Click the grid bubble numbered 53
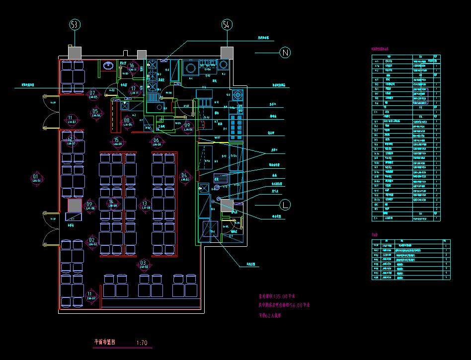pos(75,24)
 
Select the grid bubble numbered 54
pos(227,24)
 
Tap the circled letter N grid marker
pos(285,52)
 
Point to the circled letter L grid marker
pos(285,204)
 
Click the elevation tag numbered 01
pos(36,178)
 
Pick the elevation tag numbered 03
pos(144,264)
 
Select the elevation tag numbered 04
pos(184,177)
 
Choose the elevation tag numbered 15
pos(116,142)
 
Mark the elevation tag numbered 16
pos(132,67)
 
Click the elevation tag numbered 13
pos(145,204)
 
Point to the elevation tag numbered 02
pos(92,242)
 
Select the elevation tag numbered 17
pos(133,90)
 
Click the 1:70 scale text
pos(142,343)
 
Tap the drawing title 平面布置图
pos(105,342)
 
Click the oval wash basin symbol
pos(107,65)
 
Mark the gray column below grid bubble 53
pos(75,52)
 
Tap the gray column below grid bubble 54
pos(227,53)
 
